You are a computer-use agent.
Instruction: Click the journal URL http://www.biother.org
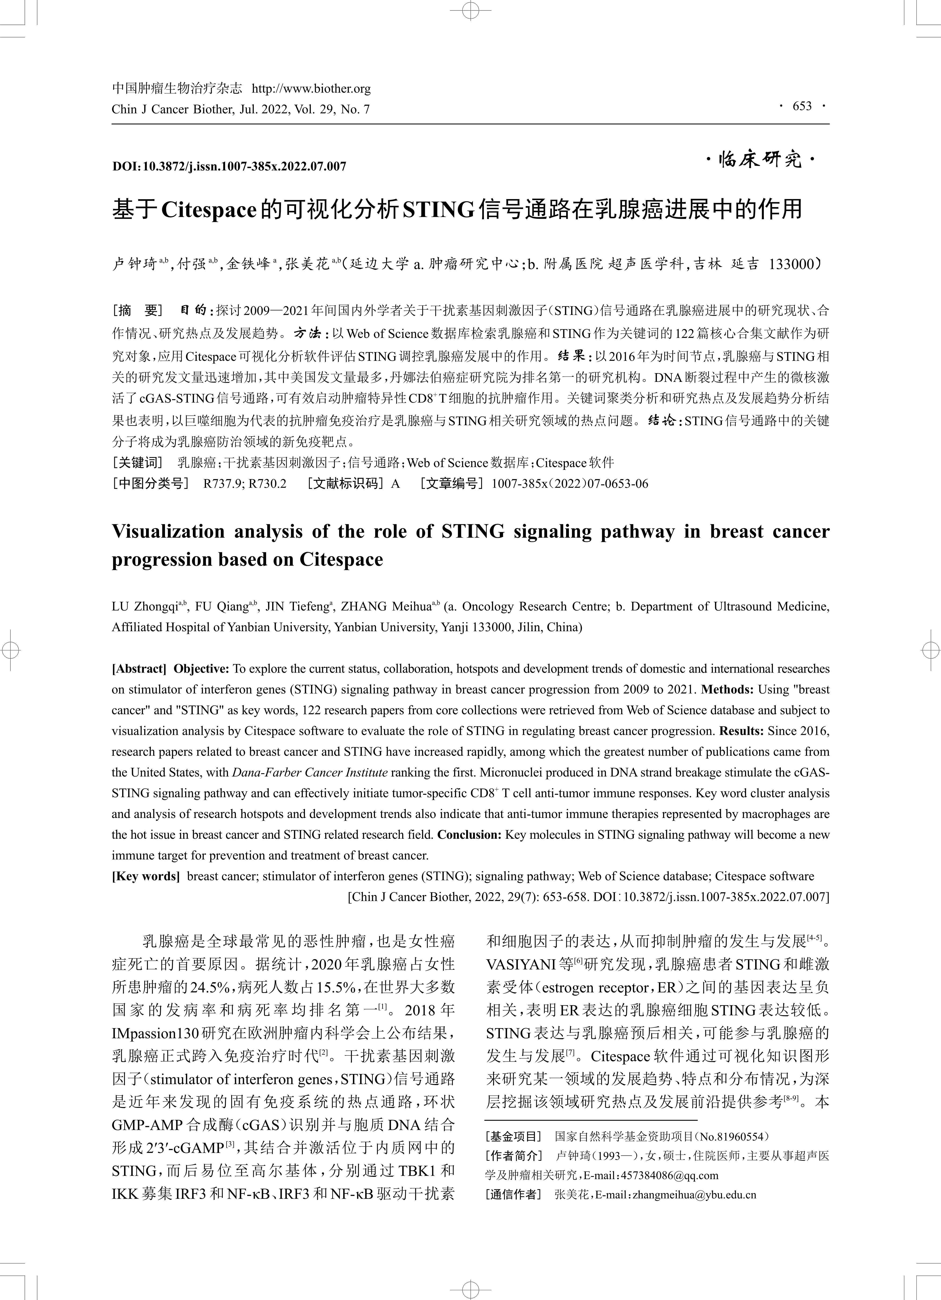[x=311, y=89]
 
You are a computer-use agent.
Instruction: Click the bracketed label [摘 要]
[x=138, y=311]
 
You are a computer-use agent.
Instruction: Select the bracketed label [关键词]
[x=138, y=463]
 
